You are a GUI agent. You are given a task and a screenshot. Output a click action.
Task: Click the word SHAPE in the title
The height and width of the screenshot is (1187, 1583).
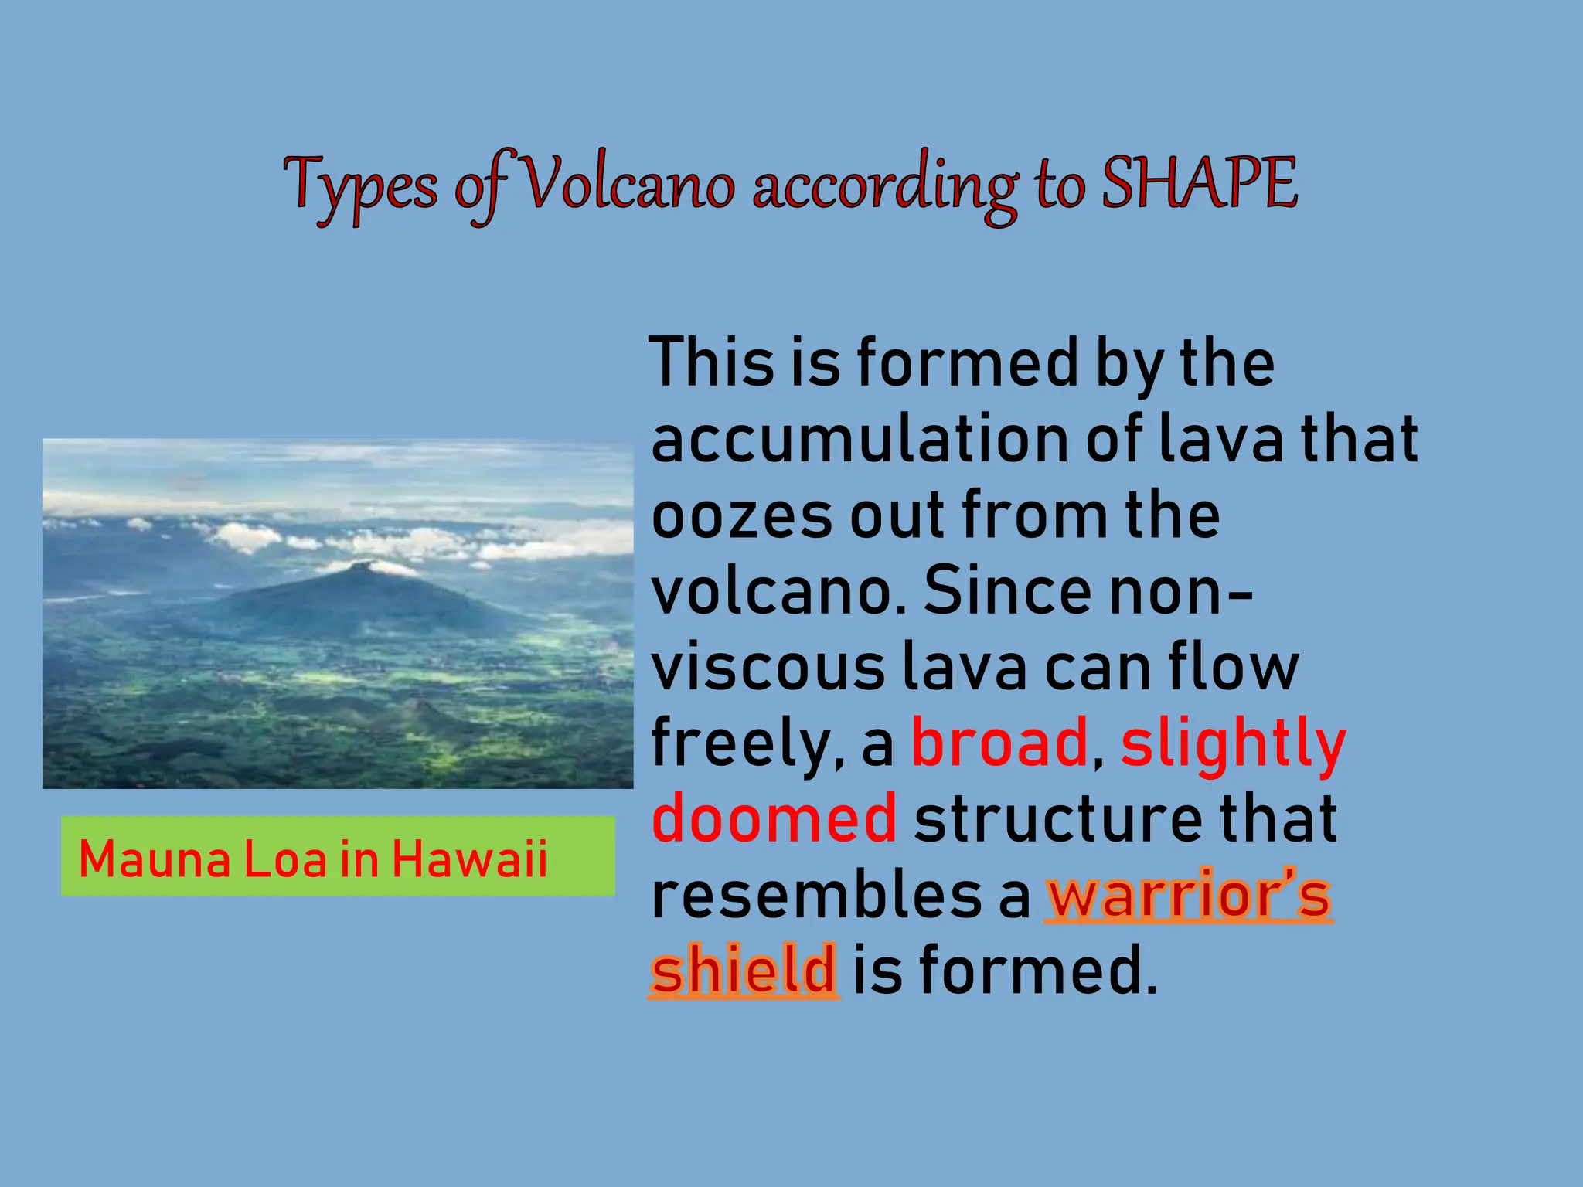[x=1199, y=184]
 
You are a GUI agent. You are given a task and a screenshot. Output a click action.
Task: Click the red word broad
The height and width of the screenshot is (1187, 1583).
[x=1000, y=742]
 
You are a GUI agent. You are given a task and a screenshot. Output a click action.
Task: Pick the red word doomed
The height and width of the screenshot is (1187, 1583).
[x=774, y=818]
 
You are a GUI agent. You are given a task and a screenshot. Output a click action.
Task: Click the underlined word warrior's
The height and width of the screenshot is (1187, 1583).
[x=1189, y=895]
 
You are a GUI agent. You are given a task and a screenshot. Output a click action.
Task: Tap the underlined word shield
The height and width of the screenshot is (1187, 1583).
[x=743, y=969]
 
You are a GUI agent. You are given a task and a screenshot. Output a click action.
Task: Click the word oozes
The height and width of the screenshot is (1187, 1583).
[x=740, y=515]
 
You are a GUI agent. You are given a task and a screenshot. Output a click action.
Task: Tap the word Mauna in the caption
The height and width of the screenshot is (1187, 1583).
[x=155, y=859]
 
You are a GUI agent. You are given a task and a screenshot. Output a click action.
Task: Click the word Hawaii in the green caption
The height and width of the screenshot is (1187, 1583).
[x=469, y=859]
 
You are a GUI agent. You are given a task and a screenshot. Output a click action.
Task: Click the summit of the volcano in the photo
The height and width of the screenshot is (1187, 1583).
[x=358, y=566]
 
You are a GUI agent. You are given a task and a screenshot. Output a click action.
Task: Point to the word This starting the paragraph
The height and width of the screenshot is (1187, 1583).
[x=712, y=362]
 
